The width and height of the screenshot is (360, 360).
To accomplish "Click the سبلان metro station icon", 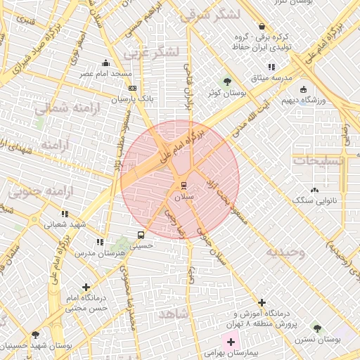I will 184,186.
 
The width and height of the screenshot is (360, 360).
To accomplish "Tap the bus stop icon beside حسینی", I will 141,236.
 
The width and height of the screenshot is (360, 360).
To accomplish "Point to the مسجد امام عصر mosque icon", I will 105,62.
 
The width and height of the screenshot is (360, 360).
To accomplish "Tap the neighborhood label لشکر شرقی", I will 210,15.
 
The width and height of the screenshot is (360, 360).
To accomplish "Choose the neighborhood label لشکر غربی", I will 151,53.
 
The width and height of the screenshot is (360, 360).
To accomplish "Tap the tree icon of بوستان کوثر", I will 226,81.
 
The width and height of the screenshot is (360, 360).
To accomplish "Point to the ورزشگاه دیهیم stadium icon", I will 303,89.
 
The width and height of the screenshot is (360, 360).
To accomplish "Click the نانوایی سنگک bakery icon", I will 314,189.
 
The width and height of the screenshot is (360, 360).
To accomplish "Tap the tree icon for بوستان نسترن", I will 317,328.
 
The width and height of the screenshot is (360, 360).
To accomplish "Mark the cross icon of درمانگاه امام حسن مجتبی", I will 86,287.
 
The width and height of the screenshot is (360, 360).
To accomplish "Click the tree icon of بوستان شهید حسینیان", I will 35,335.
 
